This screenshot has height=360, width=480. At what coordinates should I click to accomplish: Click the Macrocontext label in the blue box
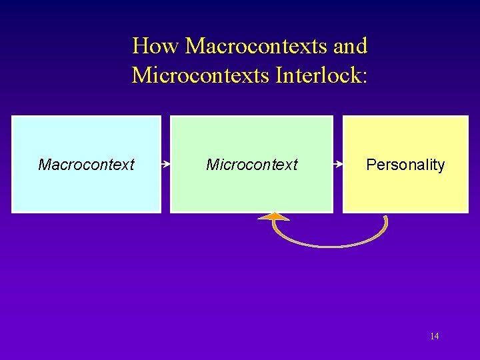(x=86, y=165)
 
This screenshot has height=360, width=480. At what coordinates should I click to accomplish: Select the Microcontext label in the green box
(x=251, y=165)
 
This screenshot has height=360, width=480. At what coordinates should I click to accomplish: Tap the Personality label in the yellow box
(x=405, y=165)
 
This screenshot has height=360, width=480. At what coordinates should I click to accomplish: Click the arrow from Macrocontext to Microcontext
(x=166, y=163)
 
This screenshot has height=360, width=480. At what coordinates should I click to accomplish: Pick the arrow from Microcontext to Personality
(x=338, y=163)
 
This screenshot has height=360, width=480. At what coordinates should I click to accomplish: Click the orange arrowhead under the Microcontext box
(x=274, y=217)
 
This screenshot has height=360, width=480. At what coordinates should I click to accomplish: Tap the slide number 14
(x=434, y=336)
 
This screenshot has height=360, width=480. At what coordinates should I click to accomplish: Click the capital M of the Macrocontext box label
(x=44, y=165)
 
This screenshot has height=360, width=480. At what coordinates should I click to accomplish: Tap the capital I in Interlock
(x=277, y=75)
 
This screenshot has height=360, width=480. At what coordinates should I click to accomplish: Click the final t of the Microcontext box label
(x=295, y=165)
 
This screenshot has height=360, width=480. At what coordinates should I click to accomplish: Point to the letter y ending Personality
(x=441, y=166)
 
